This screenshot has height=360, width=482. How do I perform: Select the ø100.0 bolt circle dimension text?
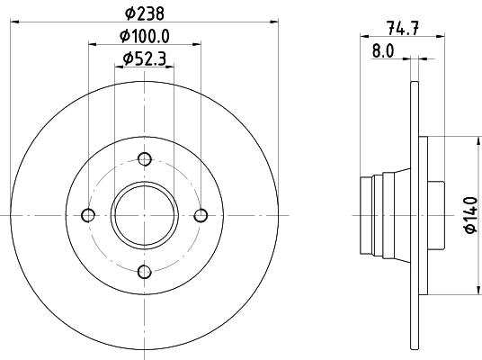[145, 37]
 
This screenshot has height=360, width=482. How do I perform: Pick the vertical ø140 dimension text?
[469, 216]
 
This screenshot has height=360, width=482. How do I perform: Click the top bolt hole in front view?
[145, 159]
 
